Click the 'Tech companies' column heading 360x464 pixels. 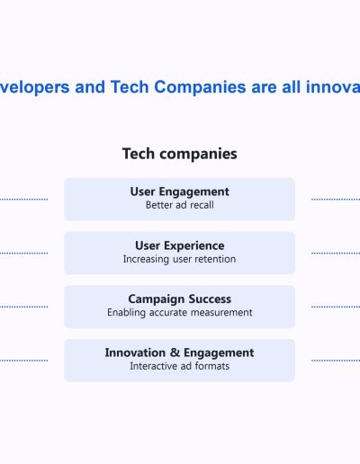tap(180, 154)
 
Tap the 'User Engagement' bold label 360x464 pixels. tap(180, 192)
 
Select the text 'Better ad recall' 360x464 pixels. tap(180, 205)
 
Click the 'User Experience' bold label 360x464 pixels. tap(180, 246)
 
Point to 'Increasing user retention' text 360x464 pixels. tap(179, 259)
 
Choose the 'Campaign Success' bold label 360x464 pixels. tap(180, 299)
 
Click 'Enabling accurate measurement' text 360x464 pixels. tap(180, 312)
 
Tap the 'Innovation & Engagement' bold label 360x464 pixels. tap(179, 352)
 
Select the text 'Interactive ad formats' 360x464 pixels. tap(180, 366)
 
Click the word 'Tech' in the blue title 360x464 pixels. tap(130, 87)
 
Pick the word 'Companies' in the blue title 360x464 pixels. tap(200, 88)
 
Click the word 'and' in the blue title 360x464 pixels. tap(90, 87)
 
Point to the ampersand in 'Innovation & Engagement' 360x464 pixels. tap(175, 352)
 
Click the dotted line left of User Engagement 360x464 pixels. tap(24, 199)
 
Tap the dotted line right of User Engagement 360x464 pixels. tap(336, 199)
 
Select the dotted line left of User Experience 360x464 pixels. tap(24, 253)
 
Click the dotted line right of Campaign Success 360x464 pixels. tap(336, 307)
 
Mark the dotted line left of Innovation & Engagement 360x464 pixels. tap(24, 361)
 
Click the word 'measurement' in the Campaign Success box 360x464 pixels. tap(221, 313)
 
